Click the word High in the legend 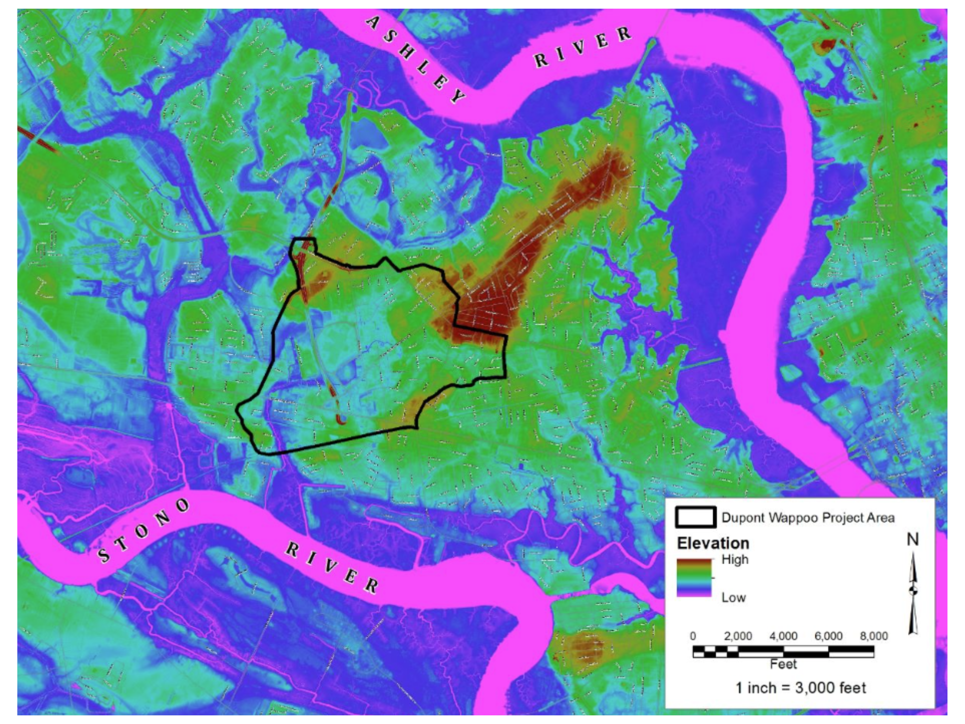pos(735,559)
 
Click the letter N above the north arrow pos(913,540)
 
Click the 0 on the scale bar pos(693,636)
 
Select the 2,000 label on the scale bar pos(738,636)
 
